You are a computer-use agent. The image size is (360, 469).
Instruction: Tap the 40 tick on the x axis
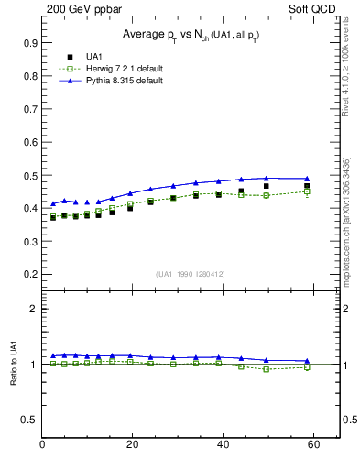(x=222, y=445)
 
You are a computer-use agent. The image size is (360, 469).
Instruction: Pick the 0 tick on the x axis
(x=43, y=445)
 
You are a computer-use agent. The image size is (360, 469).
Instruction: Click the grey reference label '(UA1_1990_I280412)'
(x=191, y=274)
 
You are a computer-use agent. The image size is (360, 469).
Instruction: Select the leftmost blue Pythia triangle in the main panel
(x=53, y=203)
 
